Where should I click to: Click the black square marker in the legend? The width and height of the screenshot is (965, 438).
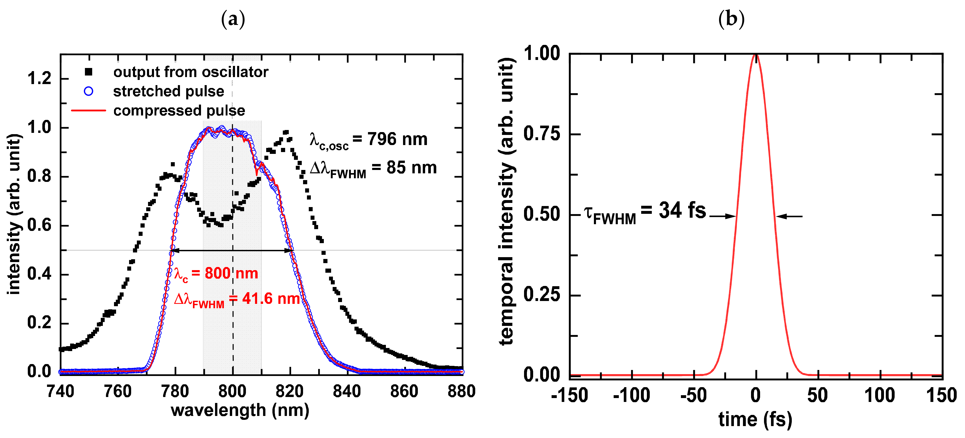point(88,72)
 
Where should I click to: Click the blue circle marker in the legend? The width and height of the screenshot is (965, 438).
point(88,91)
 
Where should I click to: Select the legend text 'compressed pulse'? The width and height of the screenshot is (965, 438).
point(179,111)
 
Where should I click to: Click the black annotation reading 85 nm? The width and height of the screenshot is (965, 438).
point(411,168)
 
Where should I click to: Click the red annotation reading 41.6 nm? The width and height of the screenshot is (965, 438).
point(271,299)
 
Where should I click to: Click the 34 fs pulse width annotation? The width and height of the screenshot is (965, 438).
point(682,210)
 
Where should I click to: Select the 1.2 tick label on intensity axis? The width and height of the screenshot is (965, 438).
point(39,79)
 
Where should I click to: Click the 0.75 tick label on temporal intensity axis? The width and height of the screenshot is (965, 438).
point(542,134)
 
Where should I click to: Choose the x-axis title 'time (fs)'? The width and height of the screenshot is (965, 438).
point(755,419)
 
